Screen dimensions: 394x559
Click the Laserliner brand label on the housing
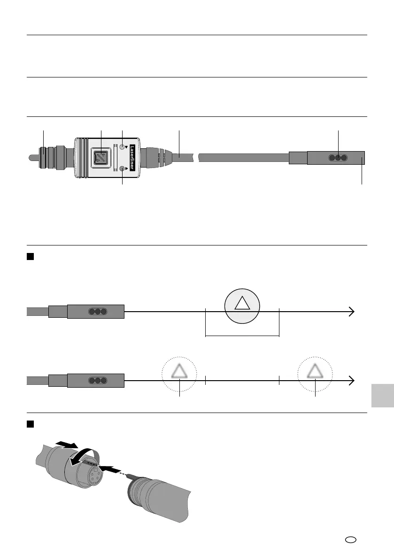click(132, 158)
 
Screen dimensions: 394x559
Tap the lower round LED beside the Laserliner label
click(123, 169)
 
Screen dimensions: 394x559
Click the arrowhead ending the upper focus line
click(351, 311)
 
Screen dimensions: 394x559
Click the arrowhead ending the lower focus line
click(351, 381)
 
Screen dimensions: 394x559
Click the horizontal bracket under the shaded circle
click(242, 335)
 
